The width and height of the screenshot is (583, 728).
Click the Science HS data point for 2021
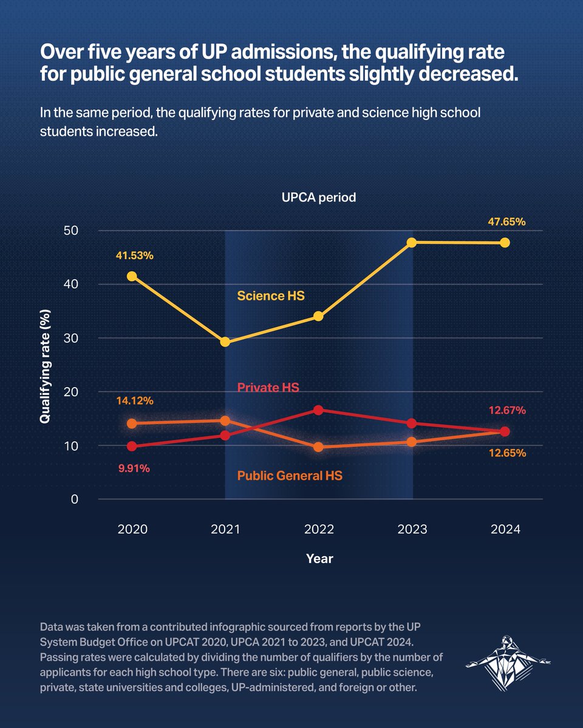(225, 342)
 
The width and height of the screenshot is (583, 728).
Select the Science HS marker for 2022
(319, 316)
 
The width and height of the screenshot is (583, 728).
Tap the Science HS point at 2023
(412, 242)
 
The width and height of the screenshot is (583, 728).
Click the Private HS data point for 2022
(319, 410)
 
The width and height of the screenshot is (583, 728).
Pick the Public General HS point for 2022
(319, 447)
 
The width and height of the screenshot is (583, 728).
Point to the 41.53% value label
(135, 256)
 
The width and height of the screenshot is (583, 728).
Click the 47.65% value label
(506, 222)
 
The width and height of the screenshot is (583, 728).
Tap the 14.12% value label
(135, 400)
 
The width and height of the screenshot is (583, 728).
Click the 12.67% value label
(506, 410)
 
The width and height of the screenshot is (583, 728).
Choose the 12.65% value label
(506, 453)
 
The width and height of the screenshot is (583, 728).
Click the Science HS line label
(270, 297)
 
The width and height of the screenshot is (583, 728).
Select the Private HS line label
(268, 387)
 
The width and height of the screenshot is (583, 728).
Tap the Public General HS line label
(289, 476)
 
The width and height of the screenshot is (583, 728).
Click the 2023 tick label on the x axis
(412, 529)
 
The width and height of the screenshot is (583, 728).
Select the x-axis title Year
(319, 558)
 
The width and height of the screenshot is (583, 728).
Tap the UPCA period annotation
(319, 198)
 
